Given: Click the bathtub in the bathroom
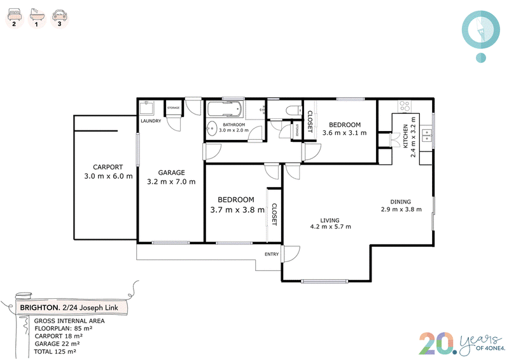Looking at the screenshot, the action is tap(225, 109).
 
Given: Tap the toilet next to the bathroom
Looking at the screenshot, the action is tap(294, 111).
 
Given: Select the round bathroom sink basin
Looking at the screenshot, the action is tap(212, 128).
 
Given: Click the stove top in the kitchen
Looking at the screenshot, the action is tap(405, 106).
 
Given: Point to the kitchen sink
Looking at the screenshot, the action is tap(426, 135).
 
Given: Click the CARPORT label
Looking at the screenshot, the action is tap(108, 167).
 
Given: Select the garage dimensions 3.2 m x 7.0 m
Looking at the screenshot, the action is tap(171, 182).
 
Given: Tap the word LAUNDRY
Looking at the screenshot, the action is tap(151, 121).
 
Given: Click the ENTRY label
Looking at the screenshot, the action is tap(272, 254).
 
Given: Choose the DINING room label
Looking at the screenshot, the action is tap(401, 202).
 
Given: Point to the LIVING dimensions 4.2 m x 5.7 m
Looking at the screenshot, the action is tap(330, 226).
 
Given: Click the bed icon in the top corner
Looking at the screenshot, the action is tap(15, 15).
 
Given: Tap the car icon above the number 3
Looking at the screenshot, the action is tap(59, 15).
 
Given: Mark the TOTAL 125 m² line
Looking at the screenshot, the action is tap(55, 352).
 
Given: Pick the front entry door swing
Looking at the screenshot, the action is tap(292, 254).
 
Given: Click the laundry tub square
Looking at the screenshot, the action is tap(147, 107).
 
